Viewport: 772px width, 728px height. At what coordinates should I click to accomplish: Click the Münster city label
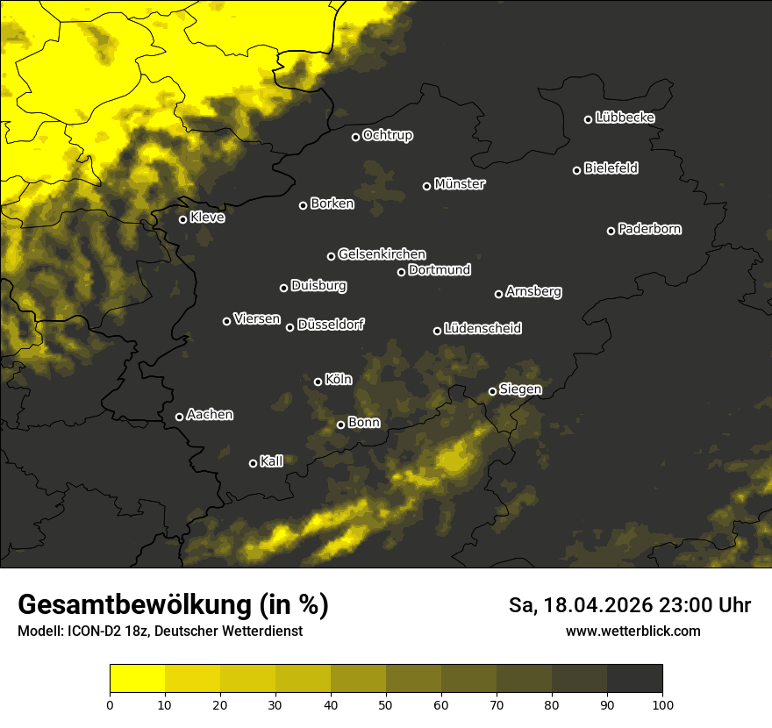tap(460, 184)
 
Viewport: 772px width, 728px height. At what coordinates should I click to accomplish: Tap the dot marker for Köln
tap(318, 382)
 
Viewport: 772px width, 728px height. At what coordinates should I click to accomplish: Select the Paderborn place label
tap(650, 229)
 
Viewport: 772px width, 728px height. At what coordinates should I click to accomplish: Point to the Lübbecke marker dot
tap(588, 119)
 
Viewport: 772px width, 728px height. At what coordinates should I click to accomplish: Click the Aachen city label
tap(210, 415)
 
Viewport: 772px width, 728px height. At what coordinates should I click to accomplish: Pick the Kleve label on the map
tap(207, 218)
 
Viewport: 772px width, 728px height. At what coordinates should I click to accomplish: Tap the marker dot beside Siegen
tap(492, 391)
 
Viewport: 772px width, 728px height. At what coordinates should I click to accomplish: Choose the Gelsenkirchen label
tap(382, 254)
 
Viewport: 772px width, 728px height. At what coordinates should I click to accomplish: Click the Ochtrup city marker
tap(355, 137)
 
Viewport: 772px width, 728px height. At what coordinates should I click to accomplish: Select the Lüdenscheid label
tap(482, 328)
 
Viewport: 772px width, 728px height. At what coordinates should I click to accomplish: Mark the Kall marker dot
tap(253, 463)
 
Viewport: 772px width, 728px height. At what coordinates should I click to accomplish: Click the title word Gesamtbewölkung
tap(130, 605)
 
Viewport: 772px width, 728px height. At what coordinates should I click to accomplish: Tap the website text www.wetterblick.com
tap(633, 631)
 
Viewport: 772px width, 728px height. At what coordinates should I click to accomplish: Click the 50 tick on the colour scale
tap(386, 703)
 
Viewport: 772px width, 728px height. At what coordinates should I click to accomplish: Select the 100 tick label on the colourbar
tap(662, 703)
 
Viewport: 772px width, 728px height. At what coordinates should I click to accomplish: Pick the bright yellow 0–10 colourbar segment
tap(137, 679)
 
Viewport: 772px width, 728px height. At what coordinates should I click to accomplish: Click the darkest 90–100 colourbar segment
tap(634, 679)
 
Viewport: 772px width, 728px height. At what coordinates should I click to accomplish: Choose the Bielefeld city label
tap(611, 168)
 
